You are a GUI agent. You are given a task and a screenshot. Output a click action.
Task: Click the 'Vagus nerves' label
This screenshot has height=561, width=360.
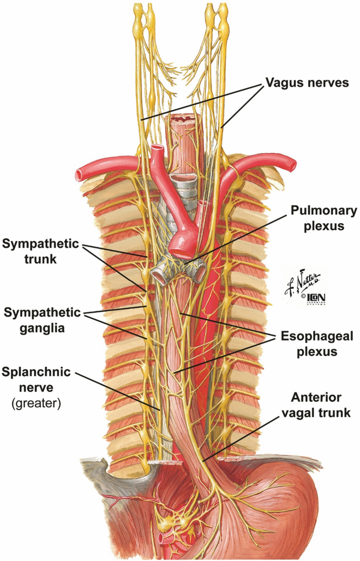(x=307, y=83)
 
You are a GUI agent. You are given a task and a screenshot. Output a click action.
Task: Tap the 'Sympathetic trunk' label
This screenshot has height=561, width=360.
(x=40, y=252)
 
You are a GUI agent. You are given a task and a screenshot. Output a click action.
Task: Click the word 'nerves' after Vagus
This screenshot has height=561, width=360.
(x=329, y=83)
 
